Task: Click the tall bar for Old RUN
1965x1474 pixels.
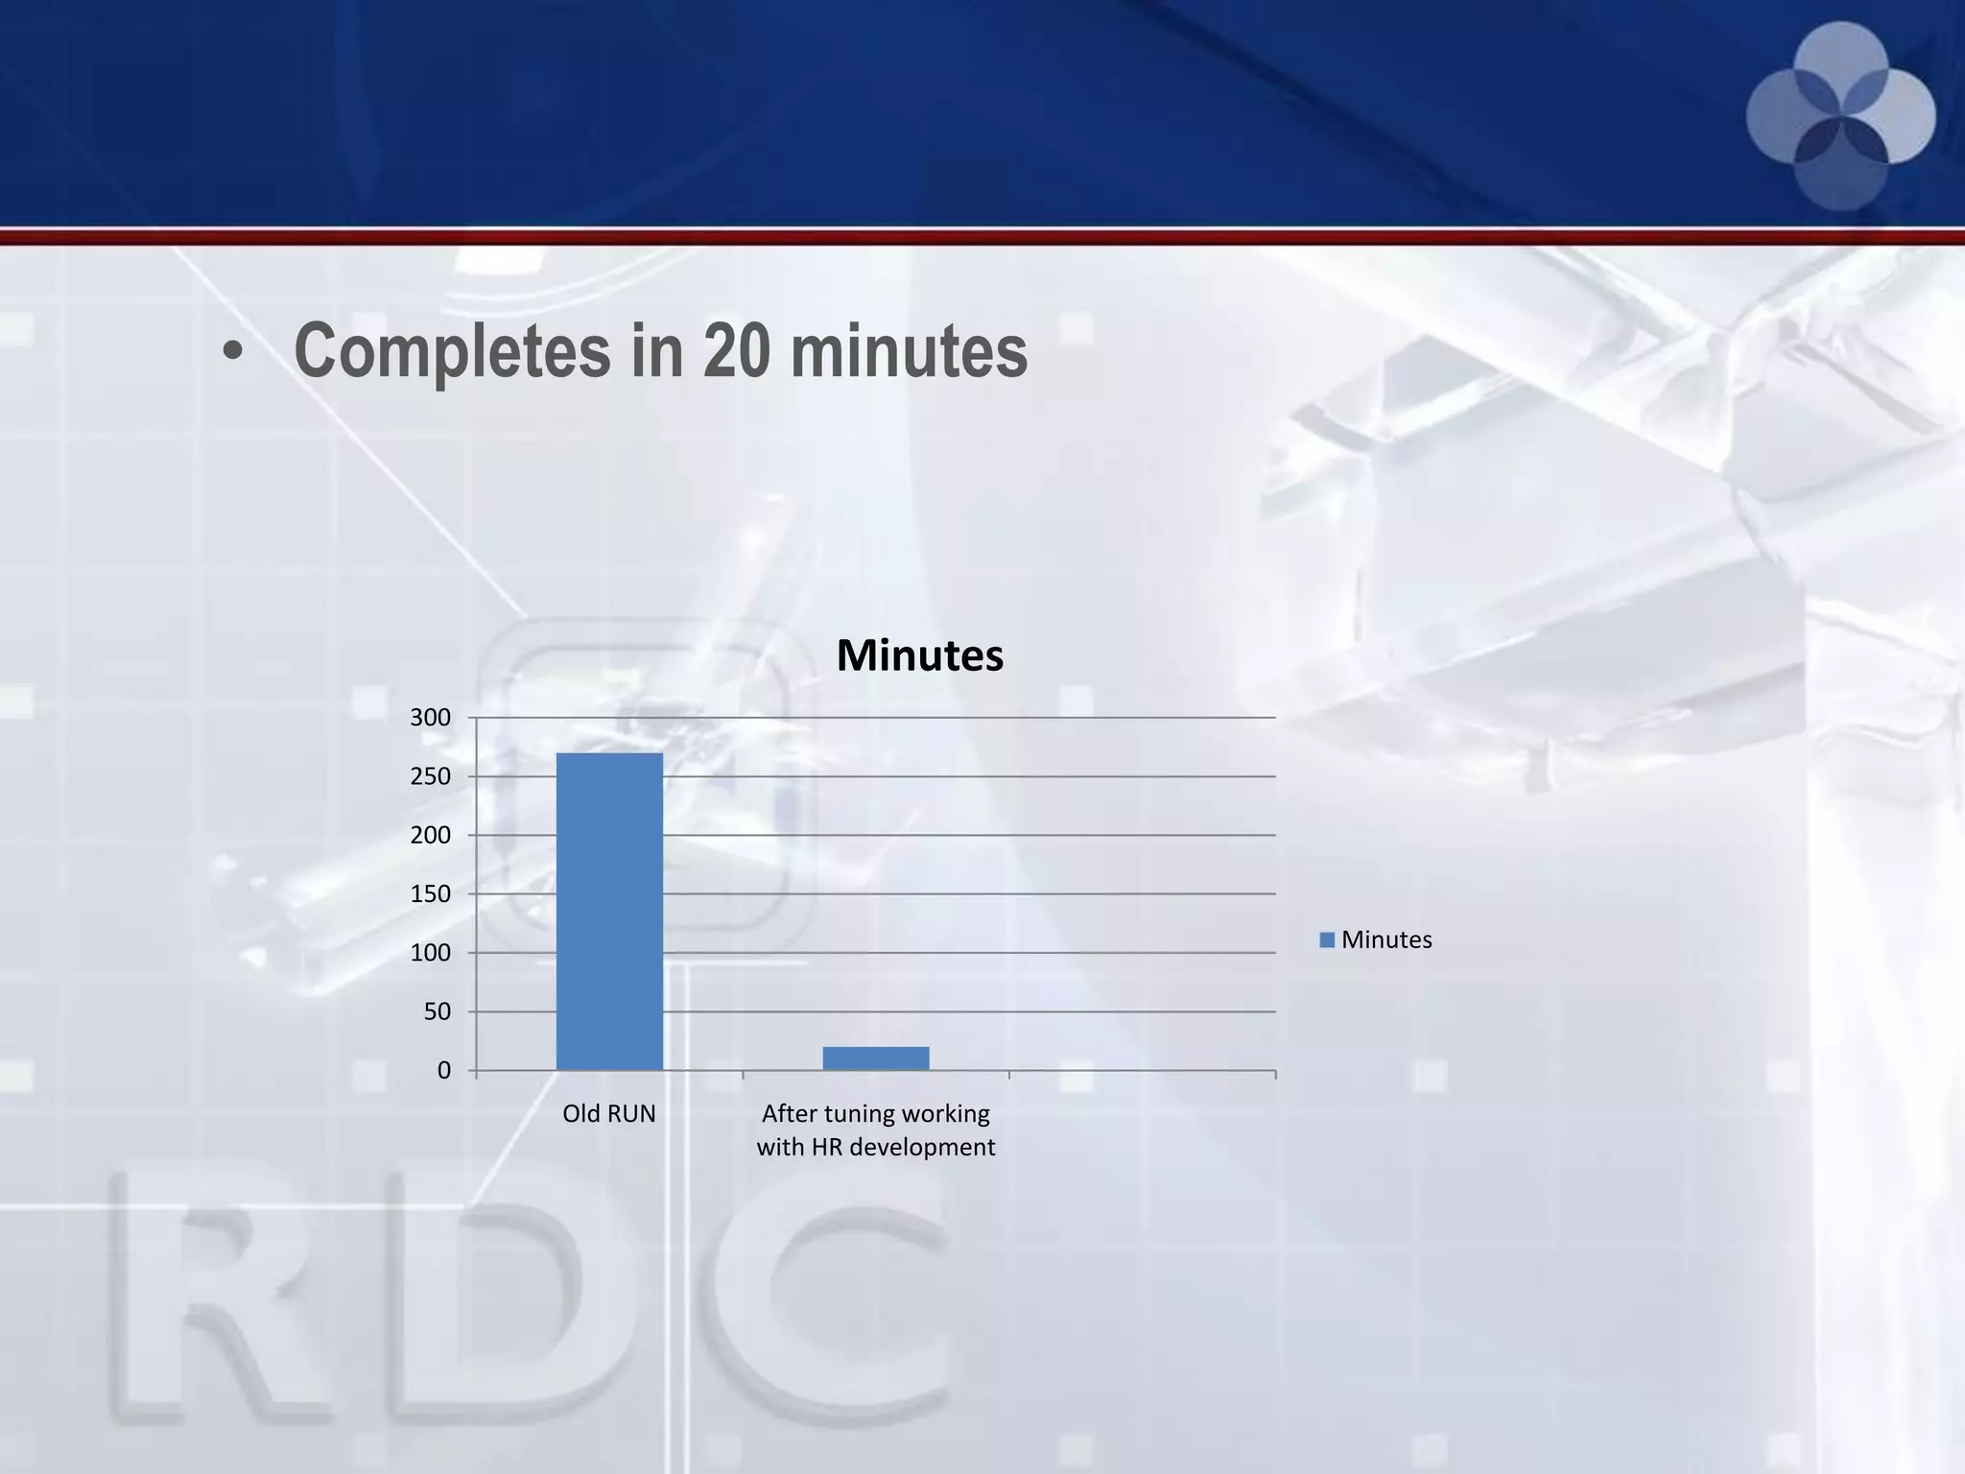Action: [609, 911]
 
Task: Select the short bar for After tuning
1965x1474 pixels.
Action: [876, 1058]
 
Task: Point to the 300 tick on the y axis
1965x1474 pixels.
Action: [431, 718]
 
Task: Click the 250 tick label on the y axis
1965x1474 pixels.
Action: [431, 776]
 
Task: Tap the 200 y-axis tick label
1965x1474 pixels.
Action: [431, 835]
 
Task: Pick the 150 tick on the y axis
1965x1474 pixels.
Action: [431, 894]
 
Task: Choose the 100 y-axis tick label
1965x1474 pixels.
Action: [431, 953]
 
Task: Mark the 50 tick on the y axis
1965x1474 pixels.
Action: [437, 1011]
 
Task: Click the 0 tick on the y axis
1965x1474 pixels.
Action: [443, 1070]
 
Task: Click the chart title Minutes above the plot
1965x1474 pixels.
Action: [919, 655]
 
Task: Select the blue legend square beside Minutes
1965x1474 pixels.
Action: [1327, 939]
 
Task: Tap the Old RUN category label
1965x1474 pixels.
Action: [609, 1113]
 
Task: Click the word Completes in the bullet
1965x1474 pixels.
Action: [452, 351]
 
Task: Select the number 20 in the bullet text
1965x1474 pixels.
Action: [736, 351]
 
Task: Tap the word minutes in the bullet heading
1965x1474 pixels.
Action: [909, 351]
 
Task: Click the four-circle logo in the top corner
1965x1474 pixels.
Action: [1840, 116]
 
